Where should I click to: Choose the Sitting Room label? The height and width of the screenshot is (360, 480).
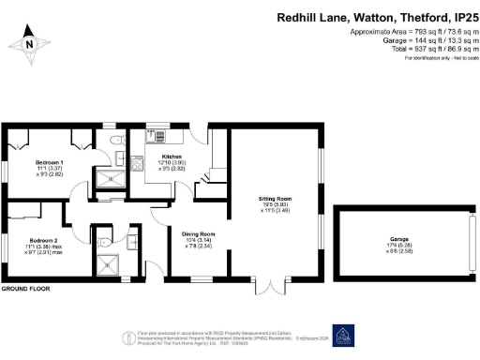click(x=277, y=200)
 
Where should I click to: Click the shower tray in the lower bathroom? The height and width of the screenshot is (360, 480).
click(x=111, y=265)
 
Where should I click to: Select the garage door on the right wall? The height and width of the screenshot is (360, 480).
click(x=471, y=241)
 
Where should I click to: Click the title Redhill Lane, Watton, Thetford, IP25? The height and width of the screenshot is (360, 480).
click(x=377, y=17)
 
